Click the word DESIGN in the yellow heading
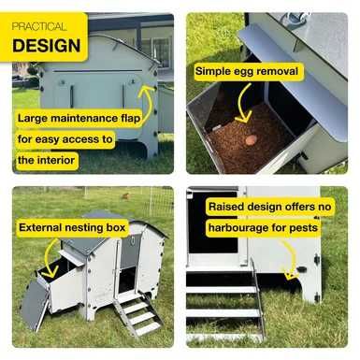click(47, 46)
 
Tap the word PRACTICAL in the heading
click(39, 26)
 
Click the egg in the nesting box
click(250, 140)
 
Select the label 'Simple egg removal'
click(247, 71)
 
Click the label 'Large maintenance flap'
click(79, 119)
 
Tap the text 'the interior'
click(46, 160)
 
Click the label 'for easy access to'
click(65, 139)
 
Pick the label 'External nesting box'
click(72, 227)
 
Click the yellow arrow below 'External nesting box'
click(47, 259)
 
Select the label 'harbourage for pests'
click(263, 227)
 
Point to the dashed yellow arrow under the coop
click(293, 259)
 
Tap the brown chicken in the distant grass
click(125, 196)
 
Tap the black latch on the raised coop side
click(301, 269)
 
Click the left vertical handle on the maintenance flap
click(72, 97)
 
